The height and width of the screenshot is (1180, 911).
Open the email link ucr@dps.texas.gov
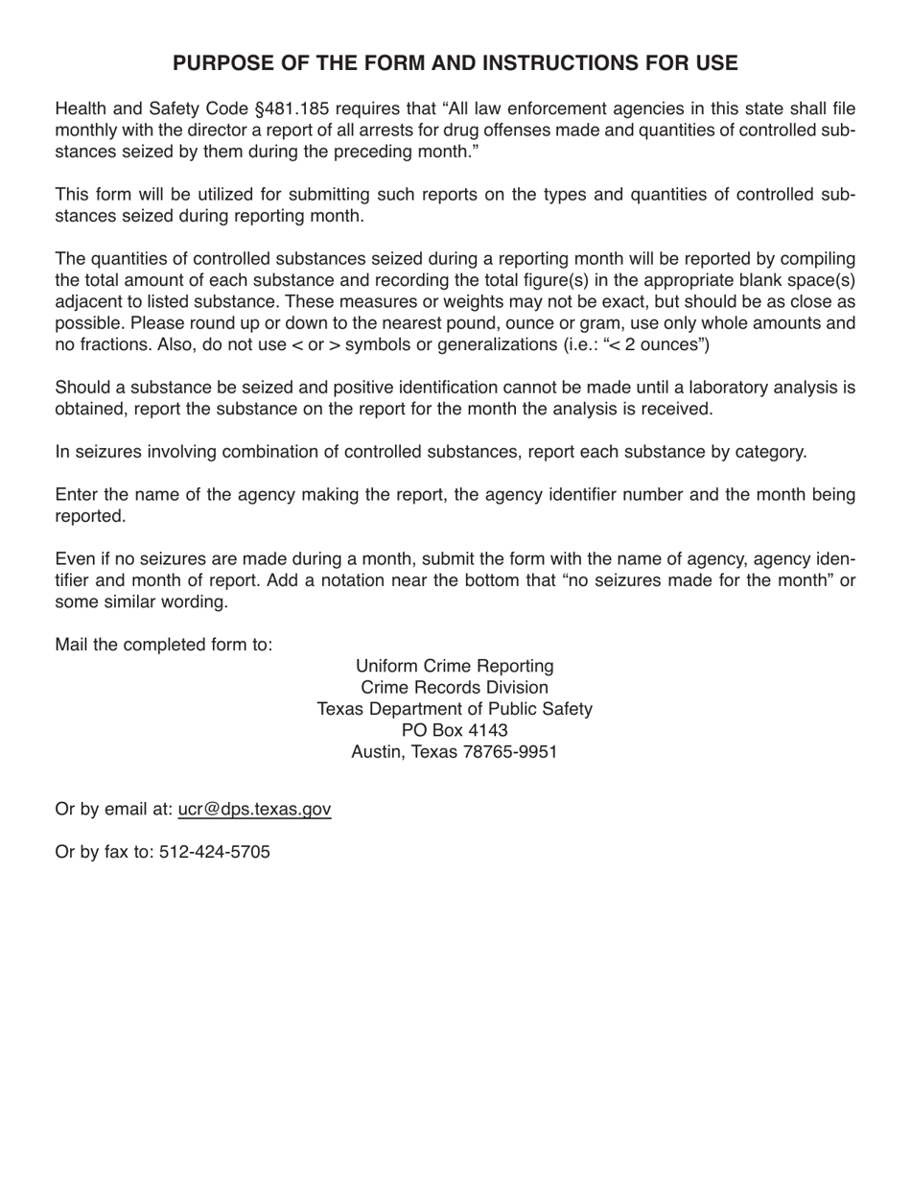point(254,809)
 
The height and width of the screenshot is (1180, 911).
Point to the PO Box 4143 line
point(455,730)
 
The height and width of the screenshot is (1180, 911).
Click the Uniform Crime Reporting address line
point(455,666)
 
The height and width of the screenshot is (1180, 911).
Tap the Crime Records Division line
point(455,687)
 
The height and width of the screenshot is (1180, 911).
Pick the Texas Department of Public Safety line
point(455,709)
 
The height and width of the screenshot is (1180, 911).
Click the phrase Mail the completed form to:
point(164,644)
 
